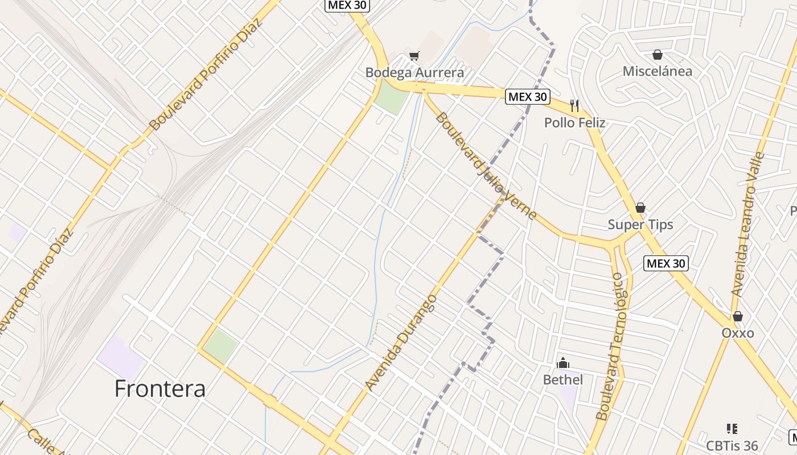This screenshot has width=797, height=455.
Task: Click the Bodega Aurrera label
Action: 414,73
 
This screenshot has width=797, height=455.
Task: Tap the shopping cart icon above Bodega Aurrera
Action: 414,56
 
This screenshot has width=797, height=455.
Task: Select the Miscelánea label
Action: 658,72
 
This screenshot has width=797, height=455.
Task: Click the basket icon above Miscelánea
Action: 658,55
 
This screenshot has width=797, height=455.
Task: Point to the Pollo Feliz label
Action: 574,123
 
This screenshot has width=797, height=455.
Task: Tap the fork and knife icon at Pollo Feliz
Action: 574,105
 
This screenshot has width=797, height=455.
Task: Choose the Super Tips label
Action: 640,225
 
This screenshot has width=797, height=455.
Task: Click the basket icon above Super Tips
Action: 640,208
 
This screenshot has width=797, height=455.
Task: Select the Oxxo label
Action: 738,333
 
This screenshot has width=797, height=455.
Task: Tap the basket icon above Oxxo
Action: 738,316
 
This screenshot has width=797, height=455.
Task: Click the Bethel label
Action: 563,379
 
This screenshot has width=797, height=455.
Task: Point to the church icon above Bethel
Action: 563,363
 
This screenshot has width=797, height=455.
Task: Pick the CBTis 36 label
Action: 732,445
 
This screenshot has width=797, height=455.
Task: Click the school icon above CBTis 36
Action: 732,428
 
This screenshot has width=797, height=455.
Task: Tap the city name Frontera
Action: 160,388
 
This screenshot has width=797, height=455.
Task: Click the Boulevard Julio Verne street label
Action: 486,166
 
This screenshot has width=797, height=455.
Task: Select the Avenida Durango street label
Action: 401,342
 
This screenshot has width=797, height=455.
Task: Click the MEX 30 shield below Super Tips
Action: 666,263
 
